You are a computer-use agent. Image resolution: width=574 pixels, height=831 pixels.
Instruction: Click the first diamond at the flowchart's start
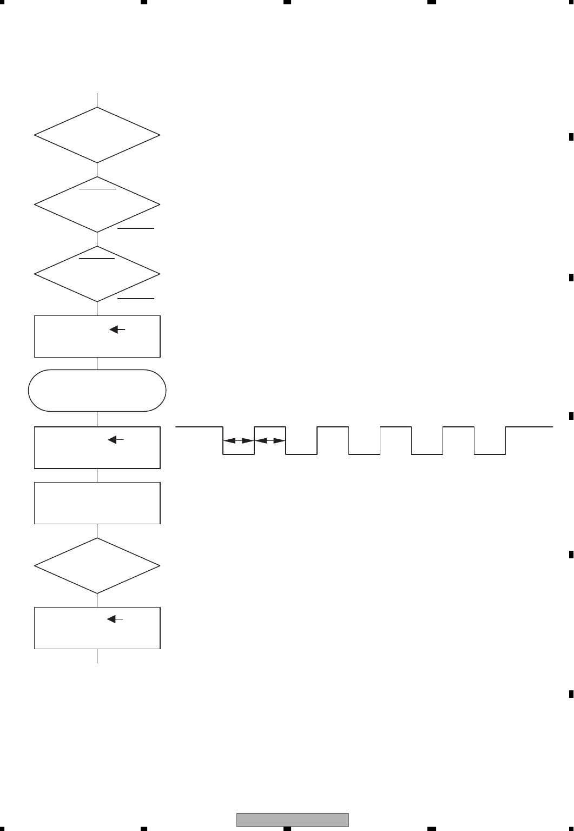tap(97, 135)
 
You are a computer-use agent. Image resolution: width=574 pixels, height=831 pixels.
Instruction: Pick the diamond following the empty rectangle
tap(97, 566)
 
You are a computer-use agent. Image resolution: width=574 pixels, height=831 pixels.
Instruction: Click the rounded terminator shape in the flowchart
tap(97, 390)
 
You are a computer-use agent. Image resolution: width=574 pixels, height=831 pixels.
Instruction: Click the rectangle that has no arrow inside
tap(97, 503)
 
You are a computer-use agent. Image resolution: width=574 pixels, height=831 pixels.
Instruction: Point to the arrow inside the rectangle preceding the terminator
tap(117, 329)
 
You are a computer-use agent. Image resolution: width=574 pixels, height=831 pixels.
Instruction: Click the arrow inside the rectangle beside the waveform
tap(117, 440)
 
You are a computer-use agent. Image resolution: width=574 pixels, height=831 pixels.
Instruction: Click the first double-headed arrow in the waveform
tap(239, 440)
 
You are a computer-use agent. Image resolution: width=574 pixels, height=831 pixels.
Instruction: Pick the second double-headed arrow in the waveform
tap(270, 440)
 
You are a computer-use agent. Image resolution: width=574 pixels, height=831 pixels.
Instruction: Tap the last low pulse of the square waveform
tap(490, 454)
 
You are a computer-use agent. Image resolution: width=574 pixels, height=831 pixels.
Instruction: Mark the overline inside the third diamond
tap(97, 259)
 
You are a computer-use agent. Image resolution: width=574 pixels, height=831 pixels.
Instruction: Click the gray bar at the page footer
tap(292, 820)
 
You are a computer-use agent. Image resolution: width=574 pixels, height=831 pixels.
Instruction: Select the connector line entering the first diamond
tap(97, 100)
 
